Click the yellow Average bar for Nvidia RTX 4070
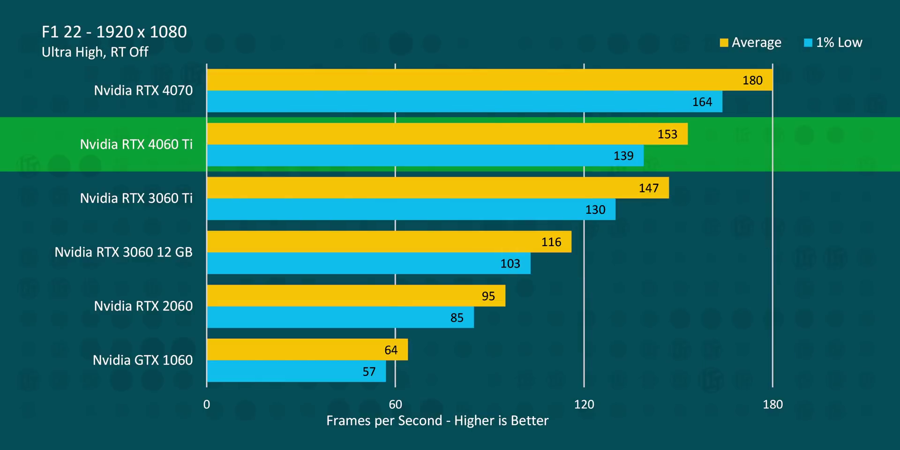coord(489,80)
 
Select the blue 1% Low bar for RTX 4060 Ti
coord(425,155)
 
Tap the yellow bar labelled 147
coord(438,187)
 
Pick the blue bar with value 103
coord(368,263)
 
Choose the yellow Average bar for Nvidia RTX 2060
coord(356,295)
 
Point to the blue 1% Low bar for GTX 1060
coord(296,371)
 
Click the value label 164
coord(702,102)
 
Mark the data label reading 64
coord(390,350)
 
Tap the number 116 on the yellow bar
coord(551,242)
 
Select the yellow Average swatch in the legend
coord(724,43)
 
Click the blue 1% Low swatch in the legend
coord(808,43)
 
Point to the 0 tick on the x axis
coord(207,404)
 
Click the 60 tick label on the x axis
coord(395,404)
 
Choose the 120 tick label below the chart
coord(584,404)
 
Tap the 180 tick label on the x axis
coord(772,404)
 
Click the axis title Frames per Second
coord(437,420)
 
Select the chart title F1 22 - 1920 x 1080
coord(114,32)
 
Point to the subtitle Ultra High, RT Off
coord(95,52)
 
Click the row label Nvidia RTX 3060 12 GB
coord(123,252)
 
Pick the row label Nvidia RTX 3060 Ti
coord(136,198)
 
